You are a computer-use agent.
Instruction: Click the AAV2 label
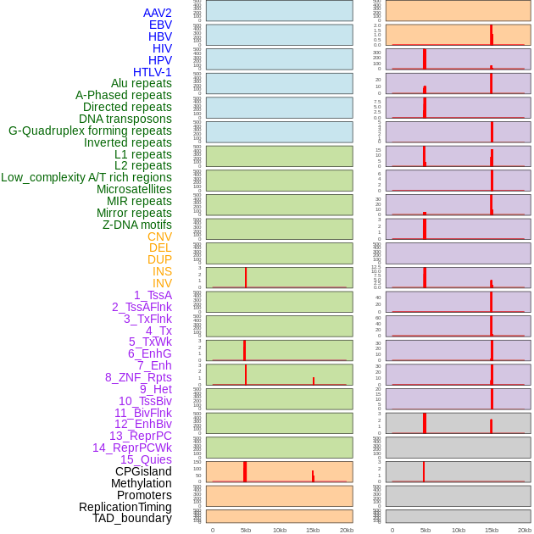coord(157,13)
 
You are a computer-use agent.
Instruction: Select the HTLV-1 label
coord(152,72)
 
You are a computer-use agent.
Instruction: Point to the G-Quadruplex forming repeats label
coord(90,131)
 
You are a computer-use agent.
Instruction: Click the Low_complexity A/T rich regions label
coord(86,177)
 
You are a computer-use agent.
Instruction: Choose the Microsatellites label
coord(134,189)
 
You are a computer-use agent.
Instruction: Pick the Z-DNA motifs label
coord(136,225)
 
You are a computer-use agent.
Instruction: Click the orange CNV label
coord(159,236)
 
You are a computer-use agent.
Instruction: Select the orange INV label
coord(162,283)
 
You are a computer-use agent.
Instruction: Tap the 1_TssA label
coord(153,295)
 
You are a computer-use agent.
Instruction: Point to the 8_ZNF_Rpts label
coord(138,377)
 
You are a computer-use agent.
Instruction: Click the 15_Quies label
coord(146,459)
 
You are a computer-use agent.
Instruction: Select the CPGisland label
coord(143,471)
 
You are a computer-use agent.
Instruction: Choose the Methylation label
coord(141,483)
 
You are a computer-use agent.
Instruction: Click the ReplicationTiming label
coord(125,507)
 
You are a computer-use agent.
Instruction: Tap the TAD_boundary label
coord(131,518)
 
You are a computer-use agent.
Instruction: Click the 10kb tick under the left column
coord(280,530)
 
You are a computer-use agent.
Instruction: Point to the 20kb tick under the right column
coord(526,530)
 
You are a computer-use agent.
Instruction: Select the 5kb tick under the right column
coord(426,530)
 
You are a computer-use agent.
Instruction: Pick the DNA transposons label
coord(125,119)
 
